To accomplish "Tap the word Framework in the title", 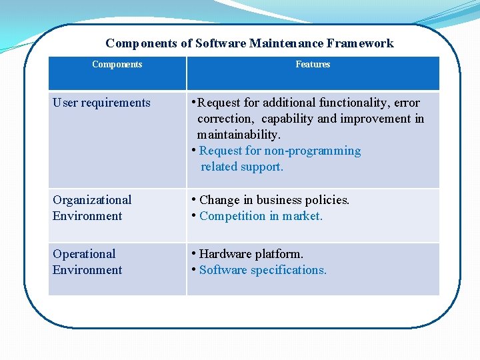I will click(x=360, y=43).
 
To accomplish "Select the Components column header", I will click(x=117, y=65).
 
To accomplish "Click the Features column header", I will click(x=313, y=65).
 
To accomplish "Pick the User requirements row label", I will click(x=101, y=103).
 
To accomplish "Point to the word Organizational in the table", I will click(x=92, y=200).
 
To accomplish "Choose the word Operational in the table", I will click(x=84, y=254).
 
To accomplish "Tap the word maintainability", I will click(x=239, y=135).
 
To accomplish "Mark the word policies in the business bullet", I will click(x=325, y=200).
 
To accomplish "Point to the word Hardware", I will click(x=223, y=254).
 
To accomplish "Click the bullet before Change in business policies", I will click(x=193, y=199).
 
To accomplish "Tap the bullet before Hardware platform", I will click(x=193, y=253).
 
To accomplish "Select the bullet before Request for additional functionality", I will click(x=193, y=102).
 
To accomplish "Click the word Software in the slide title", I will click(x=221, y=43).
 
